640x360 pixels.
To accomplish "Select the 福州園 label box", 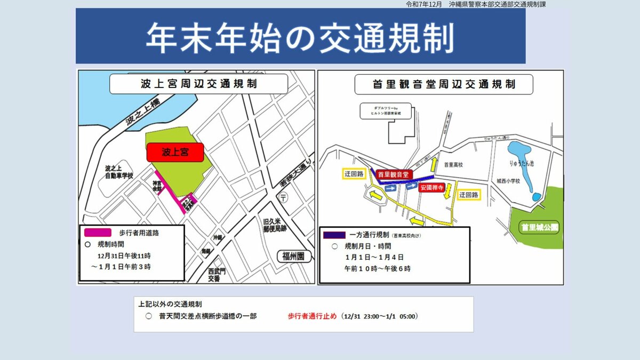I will pos(293,256).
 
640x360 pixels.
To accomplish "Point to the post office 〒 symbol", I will pos(283,197).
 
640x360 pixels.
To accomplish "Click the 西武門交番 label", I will pos(217,275).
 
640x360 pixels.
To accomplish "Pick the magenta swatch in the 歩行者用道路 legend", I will pos(98,233).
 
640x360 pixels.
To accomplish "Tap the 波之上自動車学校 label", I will pos(119,172).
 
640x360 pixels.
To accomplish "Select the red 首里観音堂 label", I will pos(393,174).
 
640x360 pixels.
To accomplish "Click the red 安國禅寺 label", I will pos(431,188).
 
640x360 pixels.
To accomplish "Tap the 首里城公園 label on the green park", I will pos(540,227).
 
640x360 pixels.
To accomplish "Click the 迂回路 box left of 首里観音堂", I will pos(354,174).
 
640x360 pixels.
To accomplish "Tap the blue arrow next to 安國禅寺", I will pos(411,186).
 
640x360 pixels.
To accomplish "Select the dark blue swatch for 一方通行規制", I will pos(334,235).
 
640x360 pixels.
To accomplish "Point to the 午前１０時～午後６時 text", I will pos(378,268).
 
